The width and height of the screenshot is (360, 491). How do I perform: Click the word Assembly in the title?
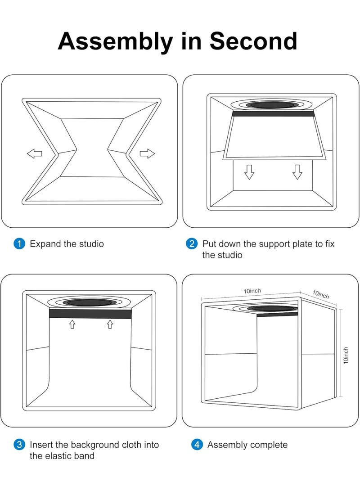114,41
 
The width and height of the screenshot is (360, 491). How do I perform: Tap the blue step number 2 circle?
191,244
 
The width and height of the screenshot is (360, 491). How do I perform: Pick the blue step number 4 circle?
197,445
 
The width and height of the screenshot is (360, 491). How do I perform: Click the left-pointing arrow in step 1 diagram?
35,154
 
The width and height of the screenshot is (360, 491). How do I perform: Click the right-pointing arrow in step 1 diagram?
147,154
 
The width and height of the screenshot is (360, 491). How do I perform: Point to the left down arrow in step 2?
249,171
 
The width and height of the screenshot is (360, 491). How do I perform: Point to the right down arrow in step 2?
297,171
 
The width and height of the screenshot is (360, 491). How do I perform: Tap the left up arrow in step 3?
72,324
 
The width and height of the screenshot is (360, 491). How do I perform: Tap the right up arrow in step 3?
109,324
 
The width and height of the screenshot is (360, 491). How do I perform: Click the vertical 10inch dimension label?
346,355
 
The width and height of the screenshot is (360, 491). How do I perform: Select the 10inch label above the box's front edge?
252,291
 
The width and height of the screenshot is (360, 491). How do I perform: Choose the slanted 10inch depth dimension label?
321,295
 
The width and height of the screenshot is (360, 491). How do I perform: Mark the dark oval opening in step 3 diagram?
90,303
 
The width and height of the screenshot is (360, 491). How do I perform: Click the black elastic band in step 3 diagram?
90,314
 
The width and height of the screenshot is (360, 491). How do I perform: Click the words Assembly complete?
247,445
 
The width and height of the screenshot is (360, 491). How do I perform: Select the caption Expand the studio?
67,244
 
